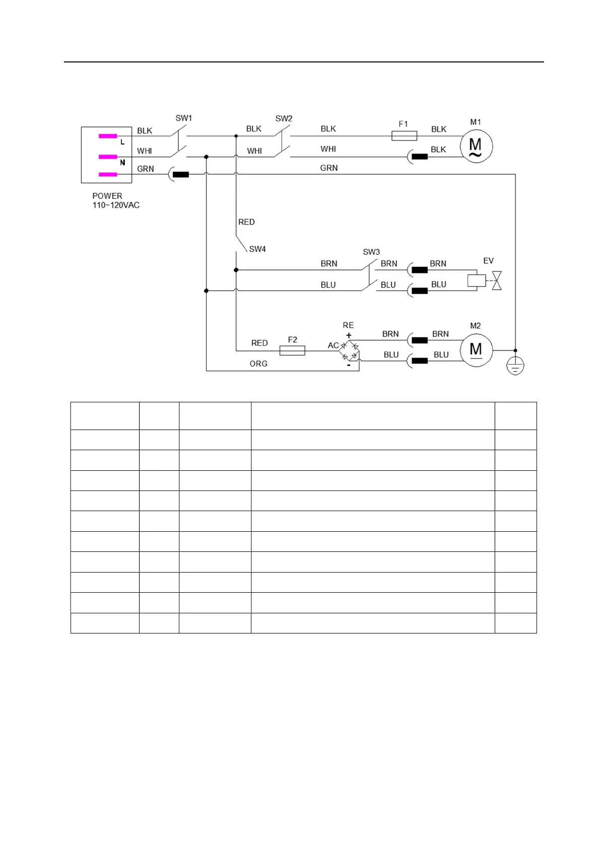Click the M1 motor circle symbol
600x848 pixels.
coord(476,147)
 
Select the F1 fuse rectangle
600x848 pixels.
coord(404,135)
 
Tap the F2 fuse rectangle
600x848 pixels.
coord(292,350)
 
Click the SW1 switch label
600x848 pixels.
coord(183,118)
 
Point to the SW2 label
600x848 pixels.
coord(284,119)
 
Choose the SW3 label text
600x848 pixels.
coord(371,252)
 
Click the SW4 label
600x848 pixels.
coord(257,249)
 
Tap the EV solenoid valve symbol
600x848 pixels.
coord(484,280)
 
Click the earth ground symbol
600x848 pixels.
coord(515,367)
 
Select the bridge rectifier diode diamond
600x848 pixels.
coord(350,351)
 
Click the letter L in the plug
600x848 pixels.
coord(122,143)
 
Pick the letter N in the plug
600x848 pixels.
coord(122,163)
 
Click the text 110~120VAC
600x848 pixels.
coord(116,205)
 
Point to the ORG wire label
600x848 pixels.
coord(258,364)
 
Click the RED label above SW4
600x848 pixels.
coord(246,222)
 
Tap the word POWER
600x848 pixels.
coord(107,196)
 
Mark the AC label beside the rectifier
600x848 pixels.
coord(333,345)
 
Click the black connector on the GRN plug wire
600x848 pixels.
coord(181,175)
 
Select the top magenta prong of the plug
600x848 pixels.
coord(108,136)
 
